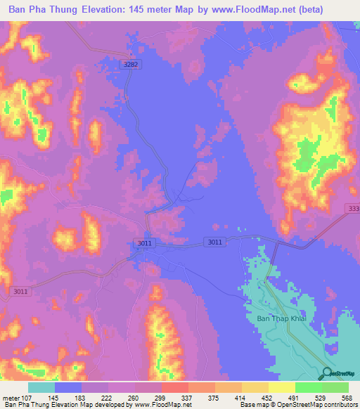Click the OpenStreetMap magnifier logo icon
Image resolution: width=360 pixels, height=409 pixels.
tap(326, 373)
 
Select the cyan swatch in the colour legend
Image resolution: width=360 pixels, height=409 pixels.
tap(41, 387)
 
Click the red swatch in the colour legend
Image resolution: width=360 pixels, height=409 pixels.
tap(174, 387)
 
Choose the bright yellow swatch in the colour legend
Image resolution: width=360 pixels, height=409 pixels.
tap(281, 387)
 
